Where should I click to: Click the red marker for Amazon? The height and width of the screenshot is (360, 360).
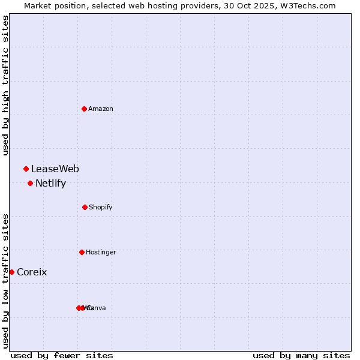[85, 109]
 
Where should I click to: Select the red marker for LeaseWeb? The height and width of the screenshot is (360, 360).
[26, 169]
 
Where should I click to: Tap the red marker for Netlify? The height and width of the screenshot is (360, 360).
[30, 183]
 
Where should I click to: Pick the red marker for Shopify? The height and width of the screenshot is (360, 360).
[85, 207]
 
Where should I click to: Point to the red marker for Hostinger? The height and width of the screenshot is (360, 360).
[82, 252]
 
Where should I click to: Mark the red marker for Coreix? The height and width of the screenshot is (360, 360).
[11, 272]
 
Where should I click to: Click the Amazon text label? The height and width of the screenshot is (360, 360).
[101, 109]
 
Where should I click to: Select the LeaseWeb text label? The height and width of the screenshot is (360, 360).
[55, 169]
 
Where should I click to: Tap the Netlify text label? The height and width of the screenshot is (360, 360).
[50, 184]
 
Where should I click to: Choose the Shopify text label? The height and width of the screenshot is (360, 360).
[101, 207]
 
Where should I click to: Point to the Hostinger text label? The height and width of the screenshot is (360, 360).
[101, 252]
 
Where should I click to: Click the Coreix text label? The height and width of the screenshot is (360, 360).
[32, 272]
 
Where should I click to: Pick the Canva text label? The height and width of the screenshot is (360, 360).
[97, 308]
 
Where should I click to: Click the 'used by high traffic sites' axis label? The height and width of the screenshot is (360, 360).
[6, 85]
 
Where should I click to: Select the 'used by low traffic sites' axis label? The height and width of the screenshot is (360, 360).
[6, 281]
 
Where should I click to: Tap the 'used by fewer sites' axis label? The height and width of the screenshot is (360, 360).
[62, 355]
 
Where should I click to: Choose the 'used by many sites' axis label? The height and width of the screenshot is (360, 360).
[301, 355]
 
